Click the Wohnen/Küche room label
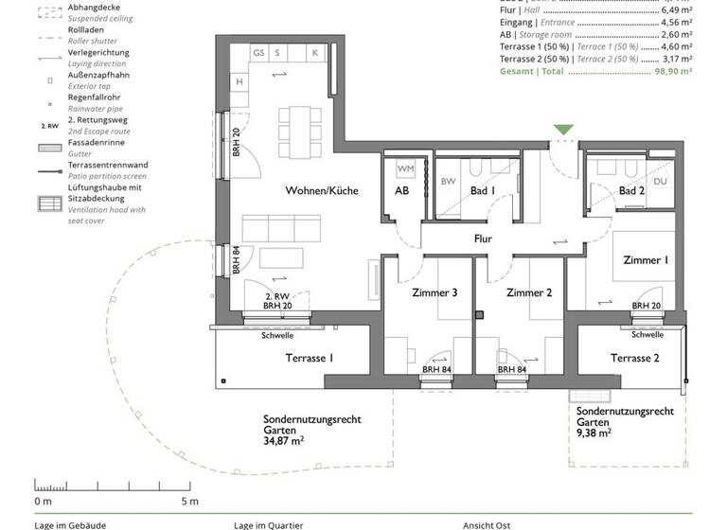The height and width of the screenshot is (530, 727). (x=322, y=190)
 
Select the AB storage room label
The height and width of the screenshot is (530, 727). (x=401, y=191)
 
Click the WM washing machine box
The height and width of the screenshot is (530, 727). (x=405, y=168)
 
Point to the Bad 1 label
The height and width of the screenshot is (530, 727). (x=483, y=191)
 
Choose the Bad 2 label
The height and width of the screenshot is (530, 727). (x=631, y=191)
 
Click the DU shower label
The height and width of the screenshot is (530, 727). (x=661, y=181)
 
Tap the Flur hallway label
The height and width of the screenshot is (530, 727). (x=484, y=239)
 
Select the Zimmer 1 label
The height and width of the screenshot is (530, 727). (x=646, y=259)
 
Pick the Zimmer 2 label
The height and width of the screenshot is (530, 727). (x=529, y=292)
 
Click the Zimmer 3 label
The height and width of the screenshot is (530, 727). (x=435, y=292)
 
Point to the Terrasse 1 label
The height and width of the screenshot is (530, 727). (x=310, y=358)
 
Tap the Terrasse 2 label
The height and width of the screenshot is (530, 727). (x=634, y=358)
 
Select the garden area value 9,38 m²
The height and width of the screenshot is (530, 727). (x=594, y=433)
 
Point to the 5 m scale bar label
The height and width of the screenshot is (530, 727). (x=189, y=501)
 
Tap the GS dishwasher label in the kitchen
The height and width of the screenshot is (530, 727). (x=257, y=54)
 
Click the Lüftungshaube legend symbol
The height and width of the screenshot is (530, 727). (x=46, y=203)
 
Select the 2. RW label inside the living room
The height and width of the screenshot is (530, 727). (x=276, y=297)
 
